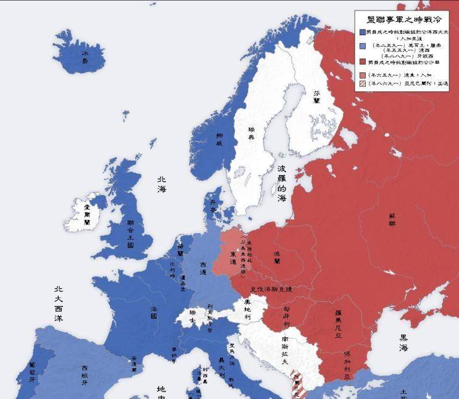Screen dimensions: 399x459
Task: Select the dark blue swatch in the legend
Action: (x=363, y=32)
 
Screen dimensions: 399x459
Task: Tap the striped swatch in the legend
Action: (x=363, y=84)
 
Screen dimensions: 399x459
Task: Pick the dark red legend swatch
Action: (x=363, y=62)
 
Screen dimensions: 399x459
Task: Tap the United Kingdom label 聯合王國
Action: (x=130, y=233)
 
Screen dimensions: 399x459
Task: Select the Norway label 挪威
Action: (x=219, y=139)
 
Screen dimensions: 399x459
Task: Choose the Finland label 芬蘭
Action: (x=316, y=95)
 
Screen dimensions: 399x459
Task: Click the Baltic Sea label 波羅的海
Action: (x=282, y=184)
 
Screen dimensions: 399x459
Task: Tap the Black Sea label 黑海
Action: (x=403, y=343)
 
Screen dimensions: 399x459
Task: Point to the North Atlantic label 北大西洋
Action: (x=59, y=304)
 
